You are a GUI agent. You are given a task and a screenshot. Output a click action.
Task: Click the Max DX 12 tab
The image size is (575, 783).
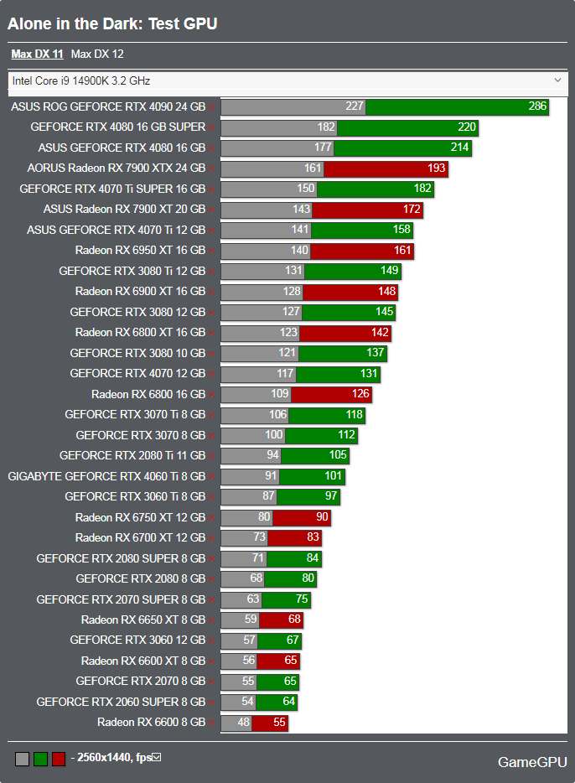pos(97,54)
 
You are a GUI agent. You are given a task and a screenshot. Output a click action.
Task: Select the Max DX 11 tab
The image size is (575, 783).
pos(37,54)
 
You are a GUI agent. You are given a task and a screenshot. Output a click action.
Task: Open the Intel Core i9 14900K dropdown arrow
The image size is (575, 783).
pos(558,80)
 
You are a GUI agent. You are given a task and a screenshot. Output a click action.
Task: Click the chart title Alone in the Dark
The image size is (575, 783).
pos(112,23)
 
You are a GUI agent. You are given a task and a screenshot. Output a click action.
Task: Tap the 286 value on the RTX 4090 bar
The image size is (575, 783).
pos(537,106)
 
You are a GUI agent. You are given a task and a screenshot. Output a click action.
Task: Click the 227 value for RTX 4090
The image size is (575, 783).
pos(355,106)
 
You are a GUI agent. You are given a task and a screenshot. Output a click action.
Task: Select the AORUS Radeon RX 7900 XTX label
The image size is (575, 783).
pos(116,168)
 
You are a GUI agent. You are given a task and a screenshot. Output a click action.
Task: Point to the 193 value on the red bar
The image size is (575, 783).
pos(437,169)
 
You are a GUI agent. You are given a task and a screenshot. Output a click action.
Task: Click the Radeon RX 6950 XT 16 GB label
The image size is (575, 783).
pos(140,250)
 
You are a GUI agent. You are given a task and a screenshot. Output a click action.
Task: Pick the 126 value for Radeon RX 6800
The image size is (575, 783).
pos(360,394)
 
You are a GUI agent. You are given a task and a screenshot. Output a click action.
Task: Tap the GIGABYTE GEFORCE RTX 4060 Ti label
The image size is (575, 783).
pos(106,476)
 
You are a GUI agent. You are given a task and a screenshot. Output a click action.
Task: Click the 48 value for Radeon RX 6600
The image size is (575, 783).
pos(243,722)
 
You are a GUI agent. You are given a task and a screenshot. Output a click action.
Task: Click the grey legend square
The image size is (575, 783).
pos(22,759)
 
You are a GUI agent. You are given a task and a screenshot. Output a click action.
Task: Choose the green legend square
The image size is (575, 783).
pos(40,759)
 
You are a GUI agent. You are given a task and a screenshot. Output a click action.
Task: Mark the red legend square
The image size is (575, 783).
pos(59,759)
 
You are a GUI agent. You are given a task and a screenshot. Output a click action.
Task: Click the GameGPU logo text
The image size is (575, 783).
pos(531,762)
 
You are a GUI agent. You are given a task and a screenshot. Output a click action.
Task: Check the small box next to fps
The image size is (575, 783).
pos(156,758)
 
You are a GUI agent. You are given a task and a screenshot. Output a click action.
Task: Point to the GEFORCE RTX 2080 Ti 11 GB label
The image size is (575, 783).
pos(132,455)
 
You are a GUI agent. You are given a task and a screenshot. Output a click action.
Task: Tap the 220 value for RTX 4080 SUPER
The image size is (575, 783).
pos(467,127)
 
